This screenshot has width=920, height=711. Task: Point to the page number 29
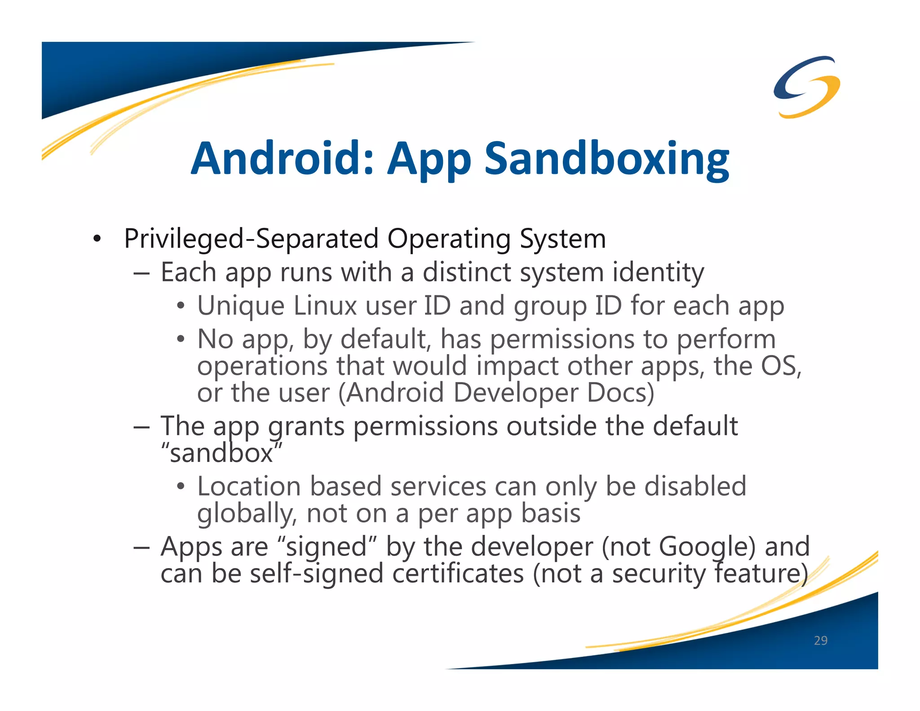(820, 640)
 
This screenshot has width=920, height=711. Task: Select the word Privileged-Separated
(251, 239)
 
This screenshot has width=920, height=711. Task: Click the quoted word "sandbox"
(221, 453)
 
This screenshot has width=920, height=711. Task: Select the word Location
(249, 487)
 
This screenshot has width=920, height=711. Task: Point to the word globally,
(247, 514)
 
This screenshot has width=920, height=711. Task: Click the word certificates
(458, 574)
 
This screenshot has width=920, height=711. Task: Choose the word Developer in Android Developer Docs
(515, 393)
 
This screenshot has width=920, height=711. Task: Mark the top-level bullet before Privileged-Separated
(97, 239)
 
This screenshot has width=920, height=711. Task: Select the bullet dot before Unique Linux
(181, 307)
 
